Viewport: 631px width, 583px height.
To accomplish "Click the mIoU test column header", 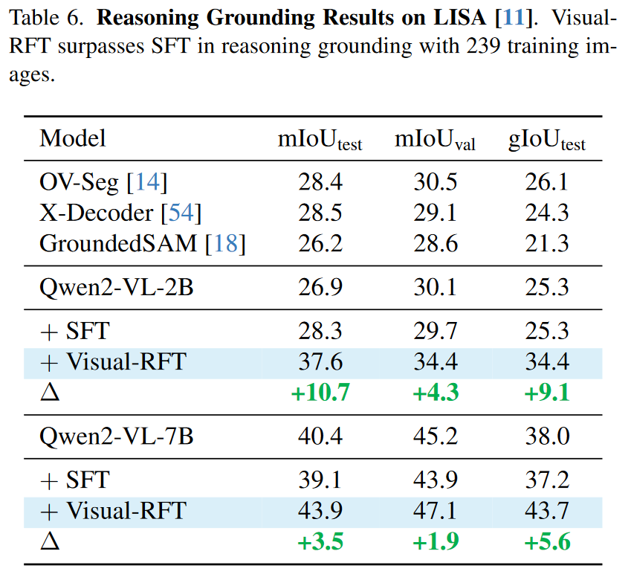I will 320,140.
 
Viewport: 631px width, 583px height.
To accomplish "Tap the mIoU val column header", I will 435,140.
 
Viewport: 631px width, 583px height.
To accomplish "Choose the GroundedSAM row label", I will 142,243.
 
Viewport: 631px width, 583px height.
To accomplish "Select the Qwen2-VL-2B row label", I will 117,287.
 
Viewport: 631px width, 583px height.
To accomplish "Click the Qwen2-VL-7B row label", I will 117,436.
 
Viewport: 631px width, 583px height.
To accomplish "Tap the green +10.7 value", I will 320,392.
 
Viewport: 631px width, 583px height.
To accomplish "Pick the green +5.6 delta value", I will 547,541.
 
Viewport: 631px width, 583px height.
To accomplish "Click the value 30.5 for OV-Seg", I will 435,182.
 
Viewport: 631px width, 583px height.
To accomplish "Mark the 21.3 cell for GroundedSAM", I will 547,243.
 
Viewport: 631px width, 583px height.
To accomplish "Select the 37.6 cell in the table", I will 320,361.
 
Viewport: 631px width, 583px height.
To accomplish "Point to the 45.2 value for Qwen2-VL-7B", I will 435,436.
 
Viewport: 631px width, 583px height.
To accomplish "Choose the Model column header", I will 73,138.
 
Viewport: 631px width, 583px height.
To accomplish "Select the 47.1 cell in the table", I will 435,511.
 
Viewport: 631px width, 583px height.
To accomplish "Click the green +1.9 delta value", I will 435,541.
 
